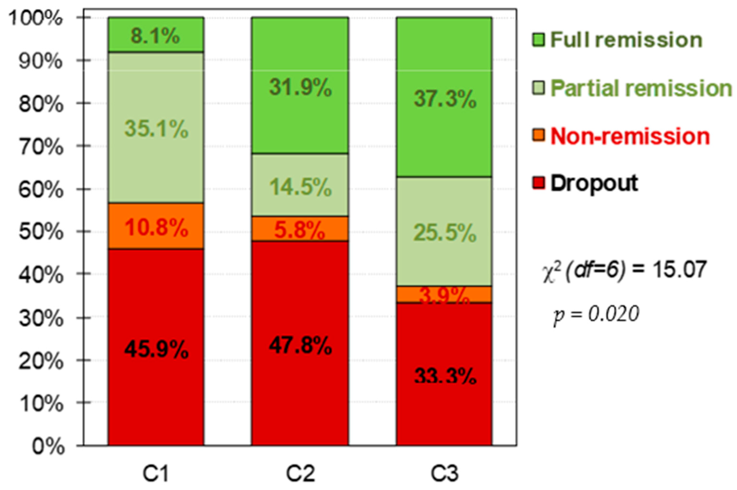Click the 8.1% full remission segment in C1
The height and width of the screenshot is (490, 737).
tap(156, 35)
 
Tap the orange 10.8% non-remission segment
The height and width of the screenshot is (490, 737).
tap(156, 226)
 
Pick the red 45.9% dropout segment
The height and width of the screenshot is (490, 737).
tap(156, 347)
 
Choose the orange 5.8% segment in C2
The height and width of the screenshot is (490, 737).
tap(300, 229)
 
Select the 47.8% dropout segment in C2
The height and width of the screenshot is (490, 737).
tap(300, 344)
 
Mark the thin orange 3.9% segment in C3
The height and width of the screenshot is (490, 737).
tap(444, 294)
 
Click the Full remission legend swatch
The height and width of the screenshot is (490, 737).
tap(538, 40)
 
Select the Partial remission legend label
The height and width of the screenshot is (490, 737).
tap(641, 88)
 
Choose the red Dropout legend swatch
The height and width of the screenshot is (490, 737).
tap(538, 183)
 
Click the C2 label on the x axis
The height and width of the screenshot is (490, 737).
tap(300, 474)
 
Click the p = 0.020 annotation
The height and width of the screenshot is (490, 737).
tap(596, 314)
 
